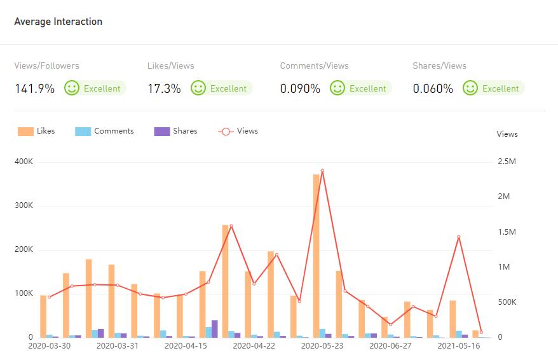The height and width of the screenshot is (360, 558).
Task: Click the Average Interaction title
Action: coord(58,22)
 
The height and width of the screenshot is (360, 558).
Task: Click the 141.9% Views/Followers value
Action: coord(34,88)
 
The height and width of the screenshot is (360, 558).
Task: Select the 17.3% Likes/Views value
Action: coord(164,88)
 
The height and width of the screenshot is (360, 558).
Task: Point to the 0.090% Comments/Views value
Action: coord(300,88)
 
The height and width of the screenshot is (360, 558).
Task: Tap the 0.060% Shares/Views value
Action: coord(433,88)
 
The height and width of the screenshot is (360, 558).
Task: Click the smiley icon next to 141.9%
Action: coord(72,88)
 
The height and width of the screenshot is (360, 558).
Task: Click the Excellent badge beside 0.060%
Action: coord(500,88)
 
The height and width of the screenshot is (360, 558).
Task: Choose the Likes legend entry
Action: coord(37,131)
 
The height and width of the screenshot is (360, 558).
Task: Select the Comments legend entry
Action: coord(105,131)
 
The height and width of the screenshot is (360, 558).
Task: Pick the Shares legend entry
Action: coord(176,131)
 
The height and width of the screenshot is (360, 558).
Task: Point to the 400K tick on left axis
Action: coord(24,162)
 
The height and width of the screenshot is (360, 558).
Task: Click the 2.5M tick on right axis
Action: coord(507,162)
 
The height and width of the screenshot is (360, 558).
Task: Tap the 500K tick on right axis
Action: coord(507,302)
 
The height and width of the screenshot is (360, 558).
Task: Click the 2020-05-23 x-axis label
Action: coord(322,346)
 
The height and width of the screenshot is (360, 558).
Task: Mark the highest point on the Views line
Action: coord(322,170)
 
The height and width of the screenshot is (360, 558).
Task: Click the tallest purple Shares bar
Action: coord(215,328)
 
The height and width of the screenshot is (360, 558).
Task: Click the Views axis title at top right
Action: coord(507,134)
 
